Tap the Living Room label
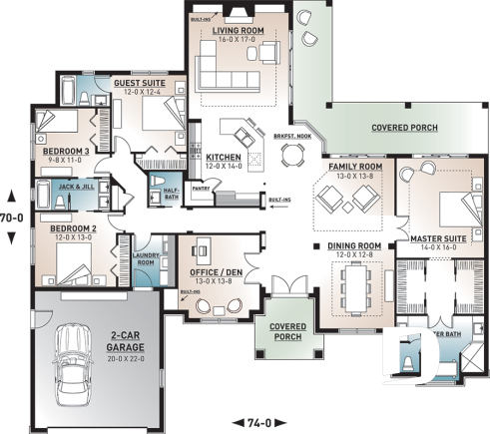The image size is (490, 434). click(239, 31)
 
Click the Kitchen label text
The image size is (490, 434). click(224, 156)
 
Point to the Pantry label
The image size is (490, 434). click(199, 185)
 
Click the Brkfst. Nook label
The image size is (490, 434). click(290, 137)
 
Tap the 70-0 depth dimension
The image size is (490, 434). click(12, 216)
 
